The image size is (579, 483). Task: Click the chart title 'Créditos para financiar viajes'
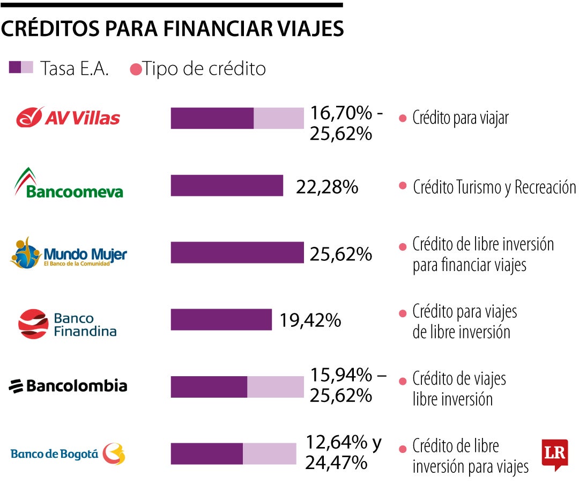pyautogui.click(x=172, y=28)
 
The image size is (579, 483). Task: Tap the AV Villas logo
pyautogui.click(x=68, y=118)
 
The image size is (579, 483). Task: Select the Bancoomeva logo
pyautogui.click(x=68, y=184)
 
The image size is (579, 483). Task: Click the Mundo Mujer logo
pyautogui.click(x=68, y=252)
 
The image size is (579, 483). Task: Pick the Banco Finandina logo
pyautogui.click(x=68, y=324)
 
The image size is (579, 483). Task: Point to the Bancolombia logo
pyautogui.click(x=68, y=386)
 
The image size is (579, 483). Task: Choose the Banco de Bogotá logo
pyautogui.click(x=68, y=454)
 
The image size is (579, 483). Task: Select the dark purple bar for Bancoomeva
pyautogui.click(x=227, y=186)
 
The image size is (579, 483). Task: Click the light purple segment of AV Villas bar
pyautogui.click(x=278, y=118)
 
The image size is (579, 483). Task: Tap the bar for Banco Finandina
pyautogui.click(x=221, y=319)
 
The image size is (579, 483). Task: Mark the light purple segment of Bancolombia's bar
pyautogui.click(x=275, y=387)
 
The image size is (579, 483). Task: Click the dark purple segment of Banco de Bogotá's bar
pyautogui.click(x=207, y=453)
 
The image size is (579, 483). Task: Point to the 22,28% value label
pyautogui.click(x=326, y=187)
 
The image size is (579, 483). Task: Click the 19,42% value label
pyautogui.click(x=310, y=320)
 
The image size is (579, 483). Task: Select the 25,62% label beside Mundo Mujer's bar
pyautogui.click(x=340, y=254)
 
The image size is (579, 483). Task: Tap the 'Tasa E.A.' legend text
pyautogui.click(x=75, y=69)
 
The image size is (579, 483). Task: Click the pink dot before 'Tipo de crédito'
pyautogui.click(x=136, y=70)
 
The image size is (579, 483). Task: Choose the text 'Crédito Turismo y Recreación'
pyautogui.click(x=494, y=187)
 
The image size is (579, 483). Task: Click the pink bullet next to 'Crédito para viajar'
pyautogui.click(x=403, y=119)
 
